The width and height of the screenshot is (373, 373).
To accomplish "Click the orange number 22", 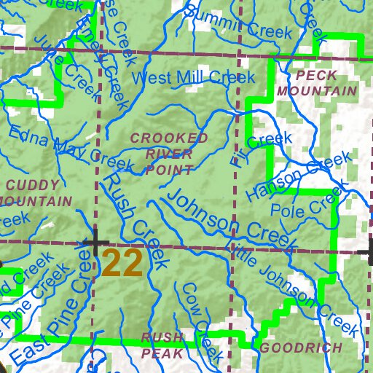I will (122, 263).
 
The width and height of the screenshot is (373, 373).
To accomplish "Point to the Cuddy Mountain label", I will (36, 192).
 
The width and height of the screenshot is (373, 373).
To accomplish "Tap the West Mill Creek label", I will (192, 77).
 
